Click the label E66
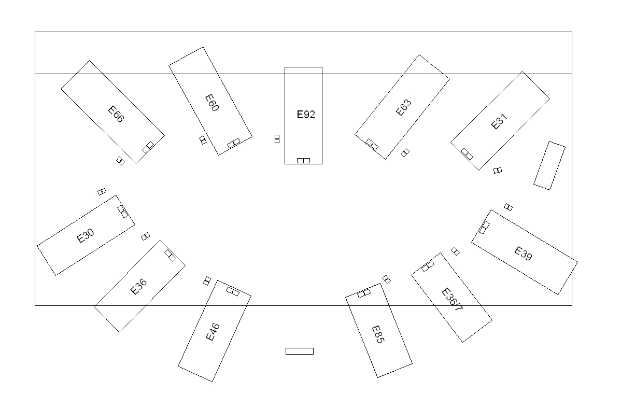[x=116, y=114]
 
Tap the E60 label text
[x=211, y=103]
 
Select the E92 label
[x=306, y=115]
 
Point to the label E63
[x=403, y=107]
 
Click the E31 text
[x=499, y=122]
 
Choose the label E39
[x=523, y=254]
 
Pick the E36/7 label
[x=452, y=300]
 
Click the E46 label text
[x=213, y=332]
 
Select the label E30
[x=86, y=236]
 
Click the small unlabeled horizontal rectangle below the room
[x=300, y=351]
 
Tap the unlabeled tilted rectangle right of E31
[x=549, y=165]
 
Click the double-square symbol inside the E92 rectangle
[x=303, y=161]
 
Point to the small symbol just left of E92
[x=277, y=138]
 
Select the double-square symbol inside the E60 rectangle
[x=234, y=143]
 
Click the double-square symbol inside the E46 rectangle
[x=233, y=292]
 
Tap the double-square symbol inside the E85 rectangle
[x=364, y=293]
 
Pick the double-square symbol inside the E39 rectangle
[x=484, y=228]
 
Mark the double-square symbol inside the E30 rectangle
[x=122, y=211]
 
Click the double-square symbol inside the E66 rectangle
[x=148, y=147]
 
